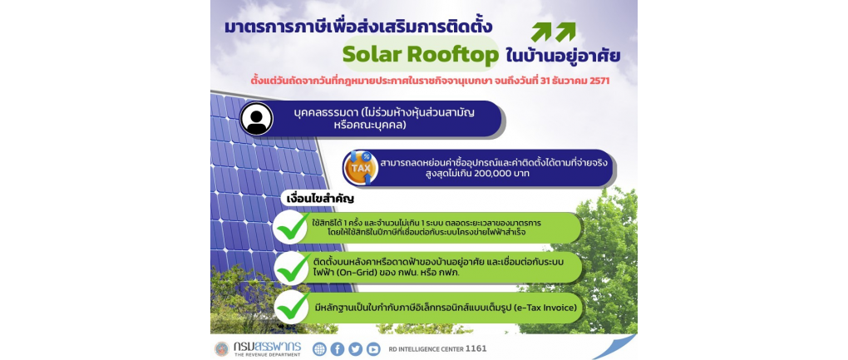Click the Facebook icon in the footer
pos(338,349)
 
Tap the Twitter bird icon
pos(355,349)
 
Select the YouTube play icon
pos(373,349)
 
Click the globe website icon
pos(319,349)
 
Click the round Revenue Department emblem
pos(222,348)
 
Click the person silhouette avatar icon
pos(257,118)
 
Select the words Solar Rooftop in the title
pos(420,55)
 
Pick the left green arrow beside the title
pos(541,32)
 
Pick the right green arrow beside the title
pos(565,32)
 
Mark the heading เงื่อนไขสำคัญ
pos(320,199)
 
